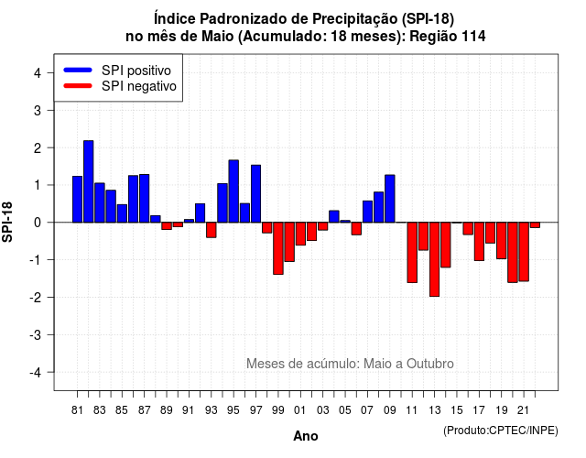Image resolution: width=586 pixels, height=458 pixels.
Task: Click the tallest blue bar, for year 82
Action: click(89, 181)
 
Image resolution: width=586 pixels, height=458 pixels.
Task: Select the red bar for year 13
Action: click(435, 259)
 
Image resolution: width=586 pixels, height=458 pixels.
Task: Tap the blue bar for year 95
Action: click(233, 191)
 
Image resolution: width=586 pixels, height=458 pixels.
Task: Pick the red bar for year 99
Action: click(278, 248)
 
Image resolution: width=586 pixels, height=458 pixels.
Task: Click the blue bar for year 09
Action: click(390, 199)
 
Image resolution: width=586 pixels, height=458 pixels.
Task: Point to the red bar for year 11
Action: click(412, 253)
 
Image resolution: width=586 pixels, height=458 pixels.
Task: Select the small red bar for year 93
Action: click(212, 230)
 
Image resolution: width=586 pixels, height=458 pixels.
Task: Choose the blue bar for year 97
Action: click(256, 193)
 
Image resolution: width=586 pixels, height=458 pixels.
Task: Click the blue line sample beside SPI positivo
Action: click(78, 70)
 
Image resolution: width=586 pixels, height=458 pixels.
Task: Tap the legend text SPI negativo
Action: click(139, 86)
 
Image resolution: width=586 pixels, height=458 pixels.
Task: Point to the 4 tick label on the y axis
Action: click(38, 73)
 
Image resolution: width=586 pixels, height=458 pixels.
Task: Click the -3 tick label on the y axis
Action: click(36, 334)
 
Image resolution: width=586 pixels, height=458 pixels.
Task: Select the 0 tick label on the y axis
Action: click(38, 223)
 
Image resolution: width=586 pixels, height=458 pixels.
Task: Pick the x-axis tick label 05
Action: click(345, 410)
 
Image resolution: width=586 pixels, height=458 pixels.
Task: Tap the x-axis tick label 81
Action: click(77, 410)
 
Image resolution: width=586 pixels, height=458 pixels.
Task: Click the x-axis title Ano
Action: click(306, 436)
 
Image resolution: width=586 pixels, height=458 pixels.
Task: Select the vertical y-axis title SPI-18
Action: click(7, 222)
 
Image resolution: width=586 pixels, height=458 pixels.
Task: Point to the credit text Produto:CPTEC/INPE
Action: click(501, 431)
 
